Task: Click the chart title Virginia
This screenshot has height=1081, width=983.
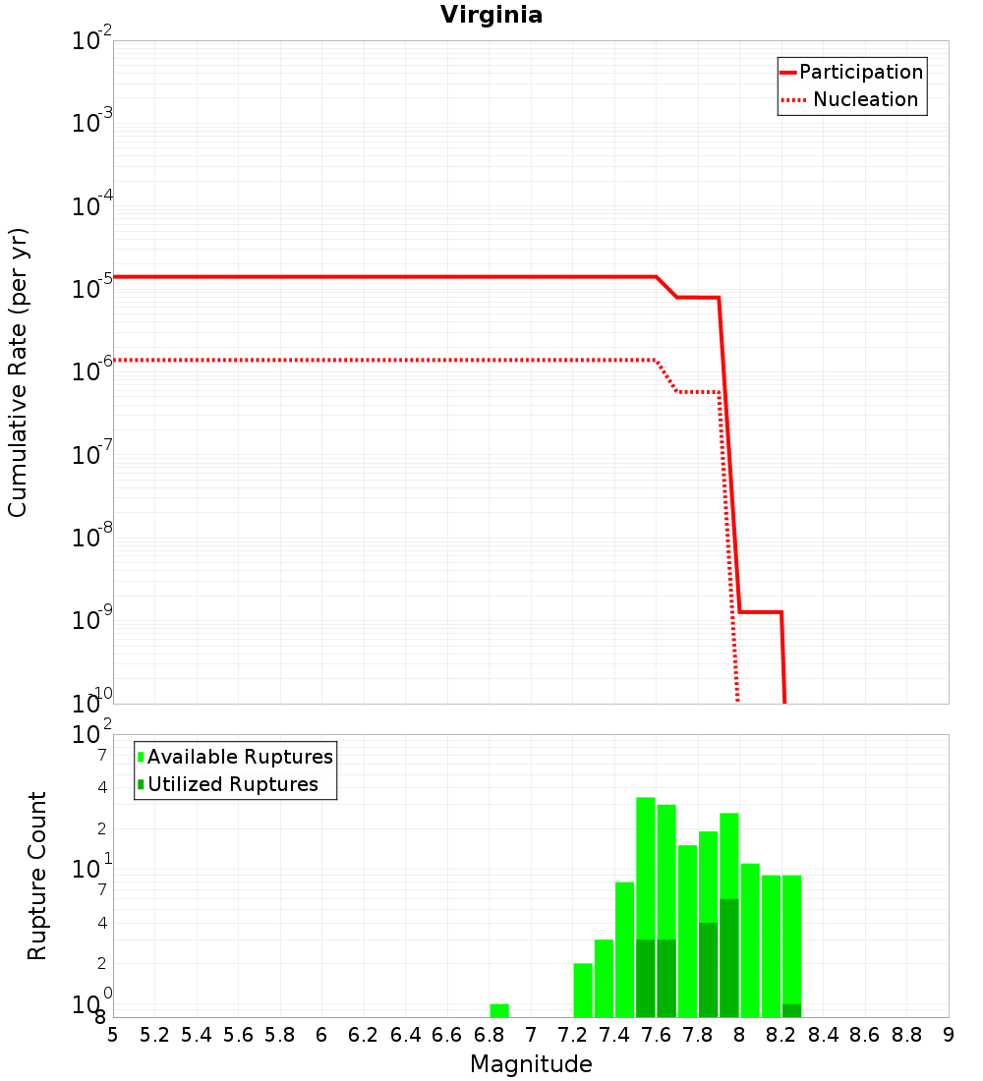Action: coord(491,15)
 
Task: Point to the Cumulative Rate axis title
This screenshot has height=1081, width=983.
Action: coord(18,371)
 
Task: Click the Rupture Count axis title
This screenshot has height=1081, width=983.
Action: coord(37,876)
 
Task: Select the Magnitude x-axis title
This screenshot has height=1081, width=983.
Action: coord(531,1064)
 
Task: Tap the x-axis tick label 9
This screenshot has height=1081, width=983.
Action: coord(949,1035)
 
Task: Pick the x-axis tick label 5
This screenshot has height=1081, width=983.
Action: coord(113,1035)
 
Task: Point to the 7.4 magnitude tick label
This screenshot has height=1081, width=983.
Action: coord(614,1035)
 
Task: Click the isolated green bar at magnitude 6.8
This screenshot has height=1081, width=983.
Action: coord(499,1010)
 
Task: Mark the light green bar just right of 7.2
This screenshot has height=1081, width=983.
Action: coord(583,990)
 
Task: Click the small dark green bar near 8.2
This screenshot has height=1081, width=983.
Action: coord(792,1010)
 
